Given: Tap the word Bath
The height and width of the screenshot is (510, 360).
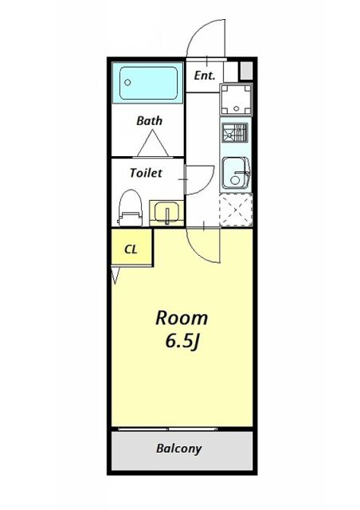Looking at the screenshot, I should pyautogui.click(x=149, y=121).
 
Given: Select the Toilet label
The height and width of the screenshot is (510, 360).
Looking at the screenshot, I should pyautogui.click(x=146, y=172).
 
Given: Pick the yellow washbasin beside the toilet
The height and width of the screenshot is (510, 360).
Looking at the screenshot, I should pyautogui.click(x=165, y=211).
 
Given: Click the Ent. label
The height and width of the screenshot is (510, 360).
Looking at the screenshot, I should pyautogui.click(x=204, y=75).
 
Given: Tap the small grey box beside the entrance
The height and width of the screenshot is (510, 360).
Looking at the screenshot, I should pyautogui.click(x=246, y=70).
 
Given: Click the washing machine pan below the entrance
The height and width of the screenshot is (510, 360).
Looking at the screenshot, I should pyautogui.click(x=234, y=101).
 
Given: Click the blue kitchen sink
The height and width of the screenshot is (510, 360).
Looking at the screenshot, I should pyautogui.click(x=234, y=172).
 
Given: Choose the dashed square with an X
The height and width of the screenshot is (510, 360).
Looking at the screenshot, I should pyautogui.click(x=235, y=209).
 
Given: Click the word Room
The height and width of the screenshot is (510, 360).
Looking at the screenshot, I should pyautogui.click(x=181, y=318).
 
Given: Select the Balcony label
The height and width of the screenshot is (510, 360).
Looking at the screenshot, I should pyautogui.click(x=179, y=449).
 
